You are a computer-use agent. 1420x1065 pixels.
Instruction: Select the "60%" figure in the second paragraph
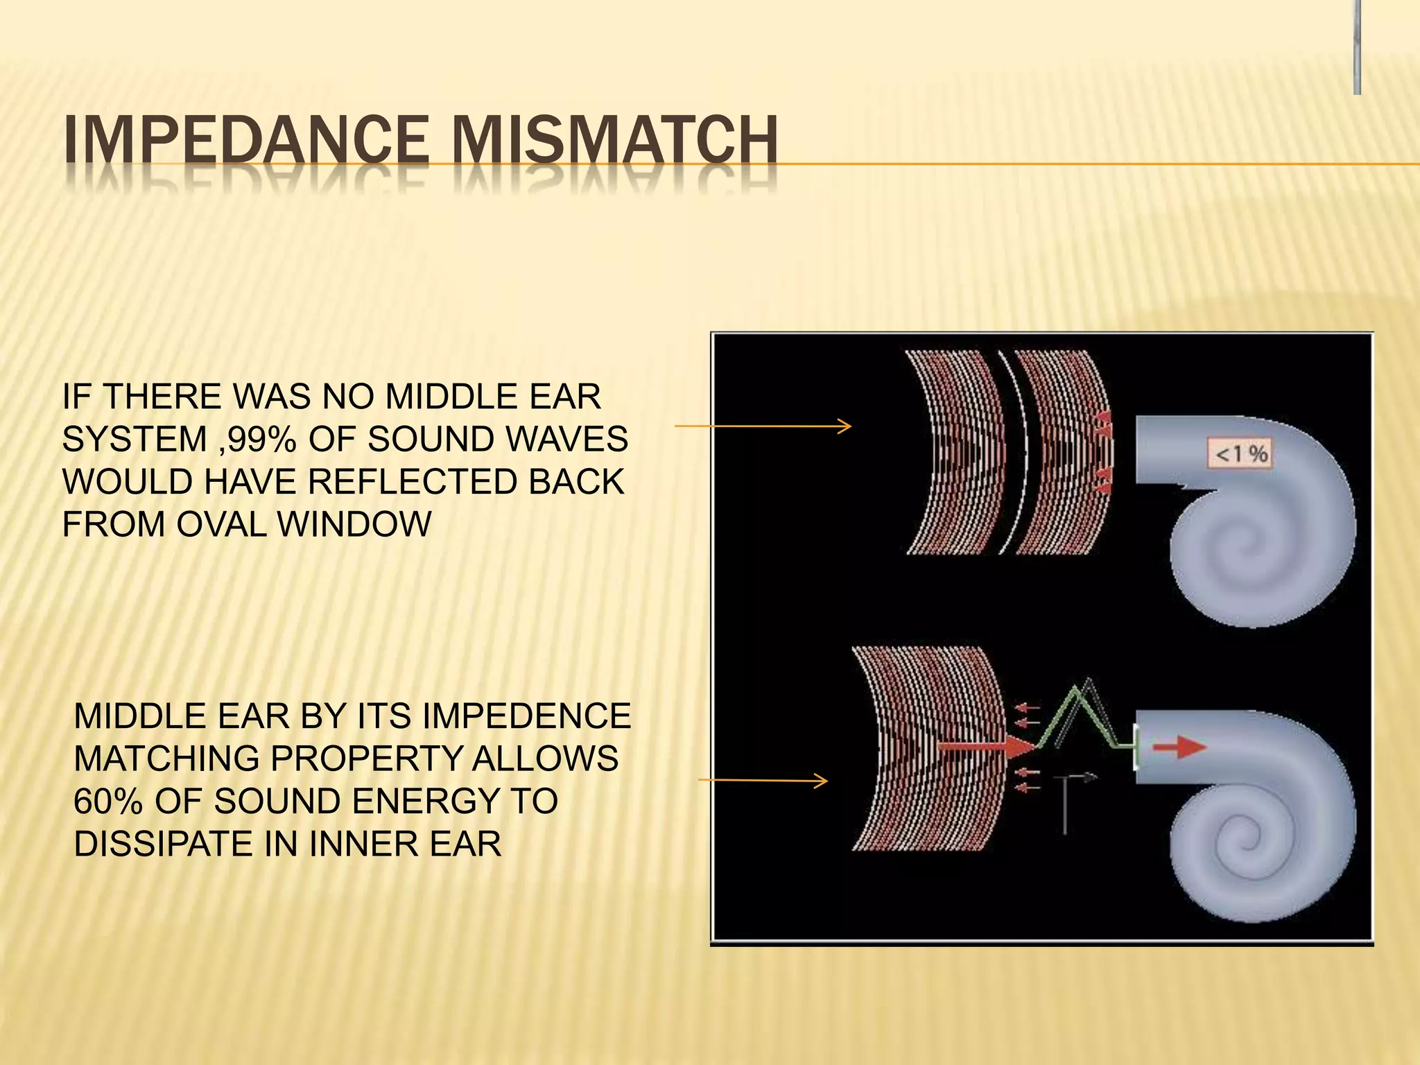point(107,802)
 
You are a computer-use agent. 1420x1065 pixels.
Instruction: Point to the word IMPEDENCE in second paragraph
point(526,716)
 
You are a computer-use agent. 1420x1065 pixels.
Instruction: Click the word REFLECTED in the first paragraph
point(411,482)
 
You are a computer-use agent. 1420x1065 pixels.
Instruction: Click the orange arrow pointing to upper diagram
point(763,426)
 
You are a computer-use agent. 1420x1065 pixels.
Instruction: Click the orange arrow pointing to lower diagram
point(763,781)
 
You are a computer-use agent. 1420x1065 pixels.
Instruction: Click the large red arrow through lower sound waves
point(985,747)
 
